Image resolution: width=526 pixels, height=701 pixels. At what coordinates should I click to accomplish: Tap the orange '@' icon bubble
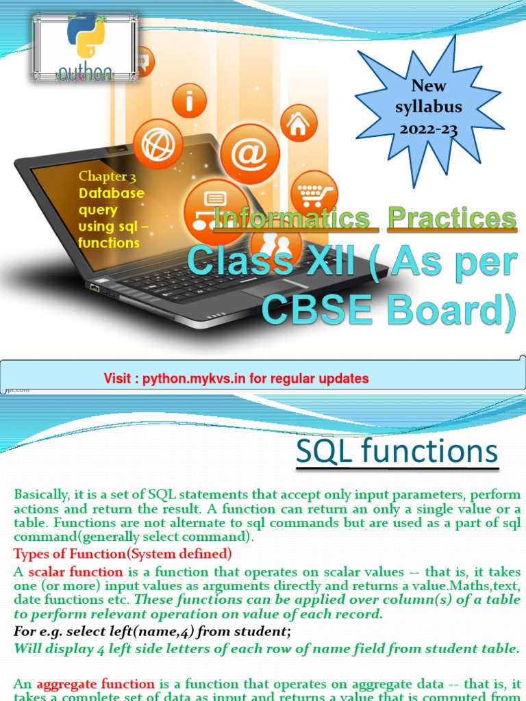250,153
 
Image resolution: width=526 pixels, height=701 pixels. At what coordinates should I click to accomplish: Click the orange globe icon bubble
158,144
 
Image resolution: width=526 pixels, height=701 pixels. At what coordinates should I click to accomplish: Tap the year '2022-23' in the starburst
429,129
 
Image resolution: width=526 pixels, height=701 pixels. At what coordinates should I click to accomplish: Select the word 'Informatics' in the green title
292,218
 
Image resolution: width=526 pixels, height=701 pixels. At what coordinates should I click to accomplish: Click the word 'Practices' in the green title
451,218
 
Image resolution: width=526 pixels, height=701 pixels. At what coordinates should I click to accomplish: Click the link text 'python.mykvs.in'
188,379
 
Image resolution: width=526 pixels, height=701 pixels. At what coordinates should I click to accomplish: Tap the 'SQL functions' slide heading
397,453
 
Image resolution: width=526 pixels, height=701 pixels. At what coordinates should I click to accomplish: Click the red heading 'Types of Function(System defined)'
123,553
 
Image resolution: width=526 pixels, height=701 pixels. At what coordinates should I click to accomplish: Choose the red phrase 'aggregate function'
95,683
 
